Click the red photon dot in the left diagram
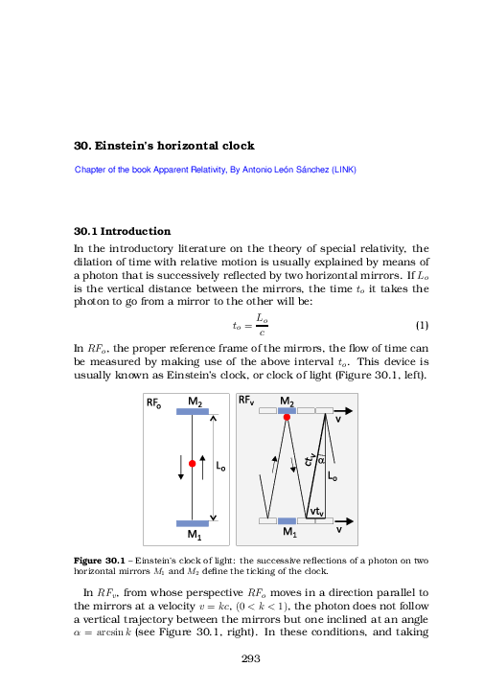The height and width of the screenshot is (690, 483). point(193,464)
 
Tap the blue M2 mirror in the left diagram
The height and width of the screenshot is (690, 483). point(193,412)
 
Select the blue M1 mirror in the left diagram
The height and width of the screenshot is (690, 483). point(193,523)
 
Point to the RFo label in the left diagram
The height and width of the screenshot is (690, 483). point(154,403)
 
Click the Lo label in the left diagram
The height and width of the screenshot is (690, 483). point(221,467)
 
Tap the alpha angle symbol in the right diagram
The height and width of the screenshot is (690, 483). point(321,460)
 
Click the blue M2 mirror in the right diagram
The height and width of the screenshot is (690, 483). point(287,410)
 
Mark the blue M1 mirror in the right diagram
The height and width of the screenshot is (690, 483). point(287,521)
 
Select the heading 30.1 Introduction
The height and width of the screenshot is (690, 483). point(123,232)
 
